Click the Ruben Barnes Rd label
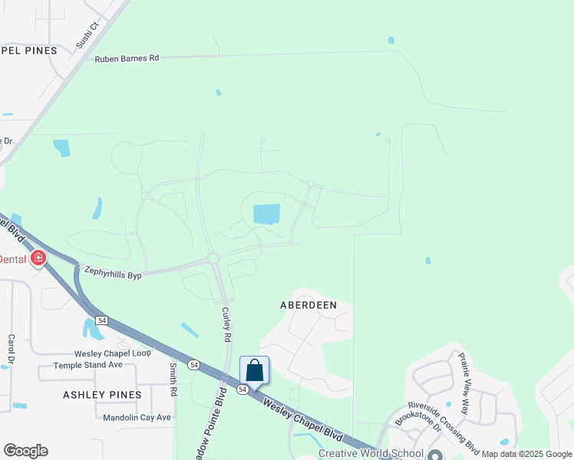(127, 58)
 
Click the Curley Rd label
(226, 324)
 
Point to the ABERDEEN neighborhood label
(308, 304)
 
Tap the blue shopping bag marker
(255, 371)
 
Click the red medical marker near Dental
(38, 259)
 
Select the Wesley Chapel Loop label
(113, 353)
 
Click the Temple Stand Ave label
(87, 365)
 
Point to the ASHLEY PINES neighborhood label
(103, 395)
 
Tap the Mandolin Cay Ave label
(137, 417)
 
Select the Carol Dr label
(12, 349)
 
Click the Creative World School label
(371, 453)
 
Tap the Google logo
(25, 451)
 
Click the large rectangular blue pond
(266, 214)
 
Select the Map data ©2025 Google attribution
(526, 454)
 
